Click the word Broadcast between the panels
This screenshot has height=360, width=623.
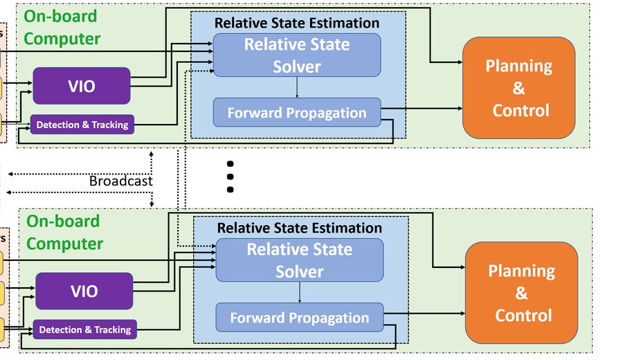coord(120,181)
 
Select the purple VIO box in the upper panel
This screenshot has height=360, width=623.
coord(82,86)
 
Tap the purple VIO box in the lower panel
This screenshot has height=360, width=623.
coord(84,291)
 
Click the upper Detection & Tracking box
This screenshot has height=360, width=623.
coord(82,125)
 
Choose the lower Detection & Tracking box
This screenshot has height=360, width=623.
coord(84,330)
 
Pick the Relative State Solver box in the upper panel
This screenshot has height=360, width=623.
coord(296,55)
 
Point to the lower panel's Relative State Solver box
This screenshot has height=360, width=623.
coord(299,260)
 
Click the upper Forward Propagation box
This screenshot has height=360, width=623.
coord(297,113)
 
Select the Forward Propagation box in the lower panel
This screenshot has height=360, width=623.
coord(299,318)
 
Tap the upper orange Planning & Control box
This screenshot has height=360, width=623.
coord(518,87)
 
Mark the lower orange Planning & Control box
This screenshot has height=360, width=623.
coord(521,292)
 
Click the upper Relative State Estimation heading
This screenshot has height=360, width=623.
coord(297,23)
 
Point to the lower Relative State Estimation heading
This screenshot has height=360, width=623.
coord(300,228)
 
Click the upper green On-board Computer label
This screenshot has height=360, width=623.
coord(62,28)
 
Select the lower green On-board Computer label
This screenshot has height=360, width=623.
coord(64,233)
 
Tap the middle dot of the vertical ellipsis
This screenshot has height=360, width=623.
coord(231,177)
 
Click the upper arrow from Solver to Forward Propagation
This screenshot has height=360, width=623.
coord(297,87)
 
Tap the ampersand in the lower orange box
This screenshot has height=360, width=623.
coord(521,294)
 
